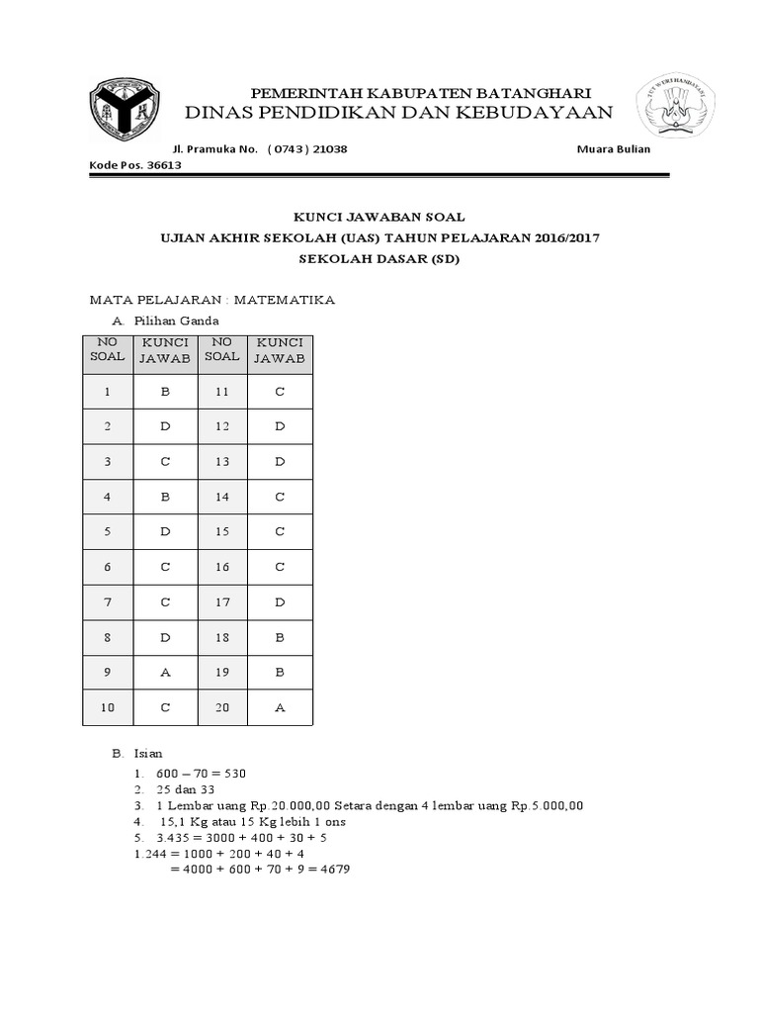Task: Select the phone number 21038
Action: pyautogui.click(x=327, y=148)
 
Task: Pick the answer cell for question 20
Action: pyautogui.click(x=280, y=707)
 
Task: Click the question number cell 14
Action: pyautogui.click(x=222, y=496)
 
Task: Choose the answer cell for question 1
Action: pyautogui.click(x=165, y=392)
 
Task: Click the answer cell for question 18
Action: pyautogui.click(x=280, y=638)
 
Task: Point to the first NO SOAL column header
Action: pyautogui.click(x=108, y=349)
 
